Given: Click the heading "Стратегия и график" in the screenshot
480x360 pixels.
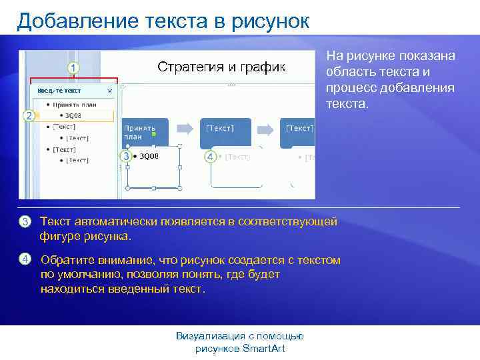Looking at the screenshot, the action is (x=221, y=67).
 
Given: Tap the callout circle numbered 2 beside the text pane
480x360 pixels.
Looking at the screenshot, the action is (x=29, y=115).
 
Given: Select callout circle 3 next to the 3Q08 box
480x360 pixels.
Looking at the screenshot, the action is (x=125, y=156).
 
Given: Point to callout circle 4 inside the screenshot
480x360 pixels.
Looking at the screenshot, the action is (x=210, y=157).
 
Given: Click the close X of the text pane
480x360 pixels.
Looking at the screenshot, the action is (x=110, y=91).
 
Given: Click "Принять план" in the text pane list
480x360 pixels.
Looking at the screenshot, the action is (x=79, y=104).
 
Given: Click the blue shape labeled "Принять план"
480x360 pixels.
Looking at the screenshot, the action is (x=145, y=133).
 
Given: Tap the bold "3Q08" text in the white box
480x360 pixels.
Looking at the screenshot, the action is (x=149, y=157).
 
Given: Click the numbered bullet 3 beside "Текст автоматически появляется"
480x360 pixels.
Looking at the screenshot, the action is (x=25, y=221).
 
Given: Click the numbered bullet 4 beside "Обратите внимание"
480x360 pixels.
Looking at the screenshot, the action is (x=25, y=259).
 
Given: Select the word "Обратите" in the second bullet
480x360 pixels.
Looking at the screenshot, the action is (x=65, y=260).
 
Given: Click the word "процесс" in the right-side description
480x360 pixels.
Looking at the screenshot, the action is (x=349, y=88).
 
